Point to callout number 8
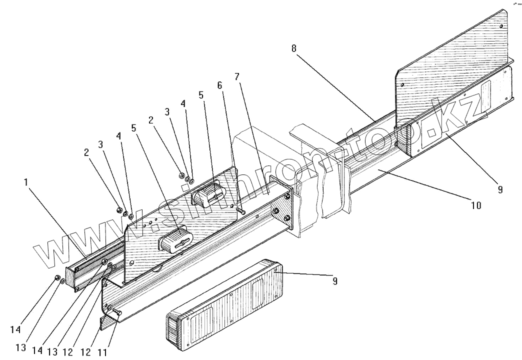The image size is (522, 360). pyautogui.click(x=293, y=48)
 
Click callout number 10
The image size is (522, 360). pyautogui.click(x=476, y=205)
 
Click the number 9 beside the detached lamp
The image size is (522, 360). pyautogui.click(x=334, y=281)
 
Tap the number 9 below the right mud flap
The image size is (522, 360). pyautogui.click(x=500, y=189)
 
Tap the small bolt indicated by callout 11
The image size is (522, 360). pyautogui.click(x=117, y=312)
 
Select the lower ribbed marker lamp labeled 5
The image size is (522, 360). pyautogui.click(x=175, y=239)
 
